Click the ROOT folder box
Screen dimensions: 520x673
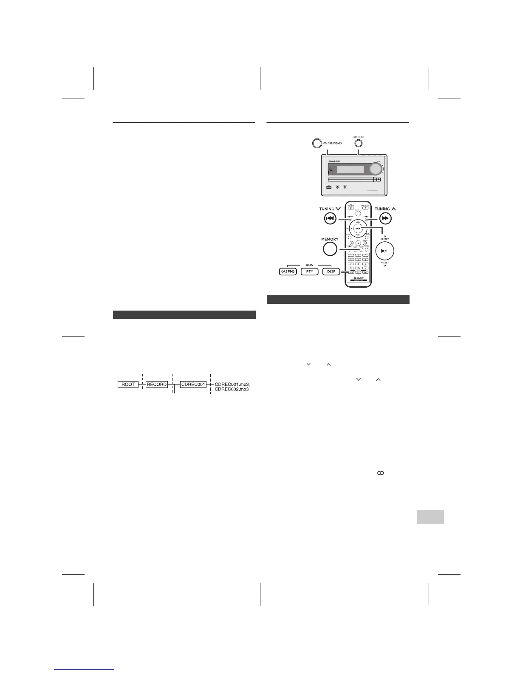(128, 385)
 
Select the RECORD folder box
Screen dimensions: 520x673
(157, 385)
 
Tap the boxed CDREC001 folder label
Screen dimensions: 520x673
(193, 385)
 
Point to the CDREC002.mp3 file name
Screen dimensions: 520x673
(232, 390)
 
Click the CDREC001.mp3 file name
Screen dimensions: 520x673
(232, 384)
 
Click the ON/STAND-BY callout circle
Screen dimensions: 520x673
(317, 143)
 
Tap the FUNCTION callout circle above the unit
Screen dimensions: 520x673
(358, 143)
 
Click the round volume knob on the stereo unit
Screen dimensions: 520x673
(376, 169)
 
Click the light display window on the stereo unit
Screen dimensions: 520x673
(350, 170)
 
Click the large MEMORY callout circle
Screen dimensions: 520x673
(330, 249)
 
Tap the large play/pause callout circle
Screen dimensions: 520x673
(384, 251)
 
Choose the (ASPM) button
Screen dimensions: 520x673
(288, 271)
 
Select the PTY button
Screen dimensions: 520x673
(310, 271)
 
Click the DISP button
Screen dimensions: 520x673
(331, 271)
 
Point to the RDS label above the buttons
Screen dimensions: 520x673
(309, 265)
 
